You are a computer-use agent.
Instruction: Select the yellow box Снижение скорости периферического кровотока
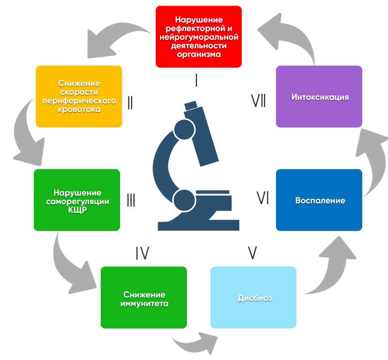(x=79, y=96)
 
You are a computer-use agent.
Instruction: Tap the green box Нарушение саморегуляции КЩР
(x=77, y=200)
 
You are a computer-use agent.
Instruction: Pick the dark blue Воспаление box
(x=319, y=200)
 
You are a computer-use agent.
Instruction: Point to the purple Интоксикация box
(x=319, y=97)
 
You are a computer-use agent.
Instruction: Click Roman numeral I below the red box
(x=196, y=81)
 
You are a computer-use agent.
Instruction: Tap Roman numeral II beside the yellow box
(x=130, y=103)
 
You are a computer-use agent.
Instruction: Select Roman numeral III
(x=131, y=200)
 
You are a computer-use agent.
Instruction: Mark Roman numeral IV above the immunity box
(x=142, y=253)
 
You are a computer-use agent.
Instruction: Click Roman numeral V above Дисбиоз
(x=253, y=252)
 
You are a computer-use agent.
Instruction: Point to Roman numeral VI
(x=263, y=198)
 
